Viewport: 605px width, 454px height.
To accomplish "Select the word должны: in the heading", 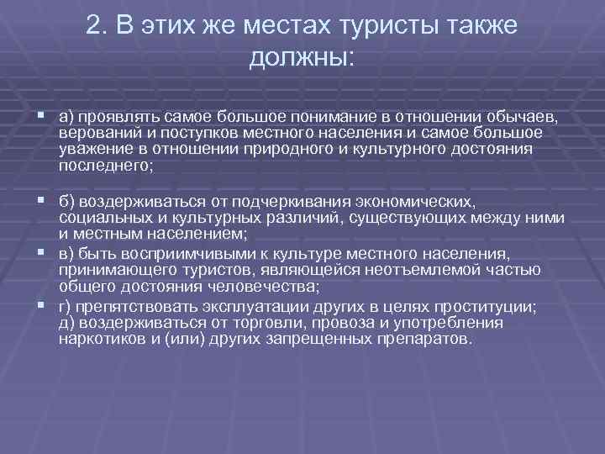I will coord(302,58).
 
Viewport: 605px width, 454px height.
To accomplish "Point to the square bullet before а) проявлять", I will coord(42,114).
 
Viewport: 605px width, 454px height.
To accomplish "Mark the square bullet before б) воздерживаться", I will coord(42,202).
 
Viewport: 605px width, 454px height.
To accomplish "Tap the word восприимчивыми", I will coord(174,253).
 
